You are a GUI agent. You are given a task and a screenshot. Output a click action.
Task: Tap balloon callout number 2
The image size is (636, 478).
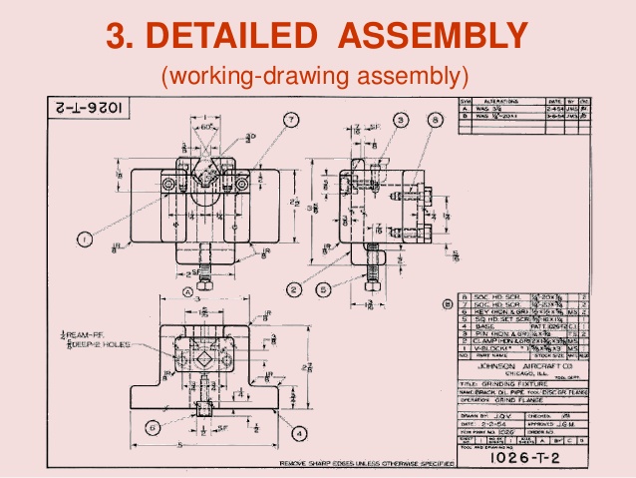coord(295,289)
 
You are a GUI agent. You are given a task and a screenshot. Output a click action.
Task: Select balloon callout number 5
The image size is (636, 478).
coord(324,289)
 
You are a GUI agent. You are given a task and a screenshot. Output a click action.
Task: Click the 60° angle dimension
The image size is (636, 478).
coord(204,127)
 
